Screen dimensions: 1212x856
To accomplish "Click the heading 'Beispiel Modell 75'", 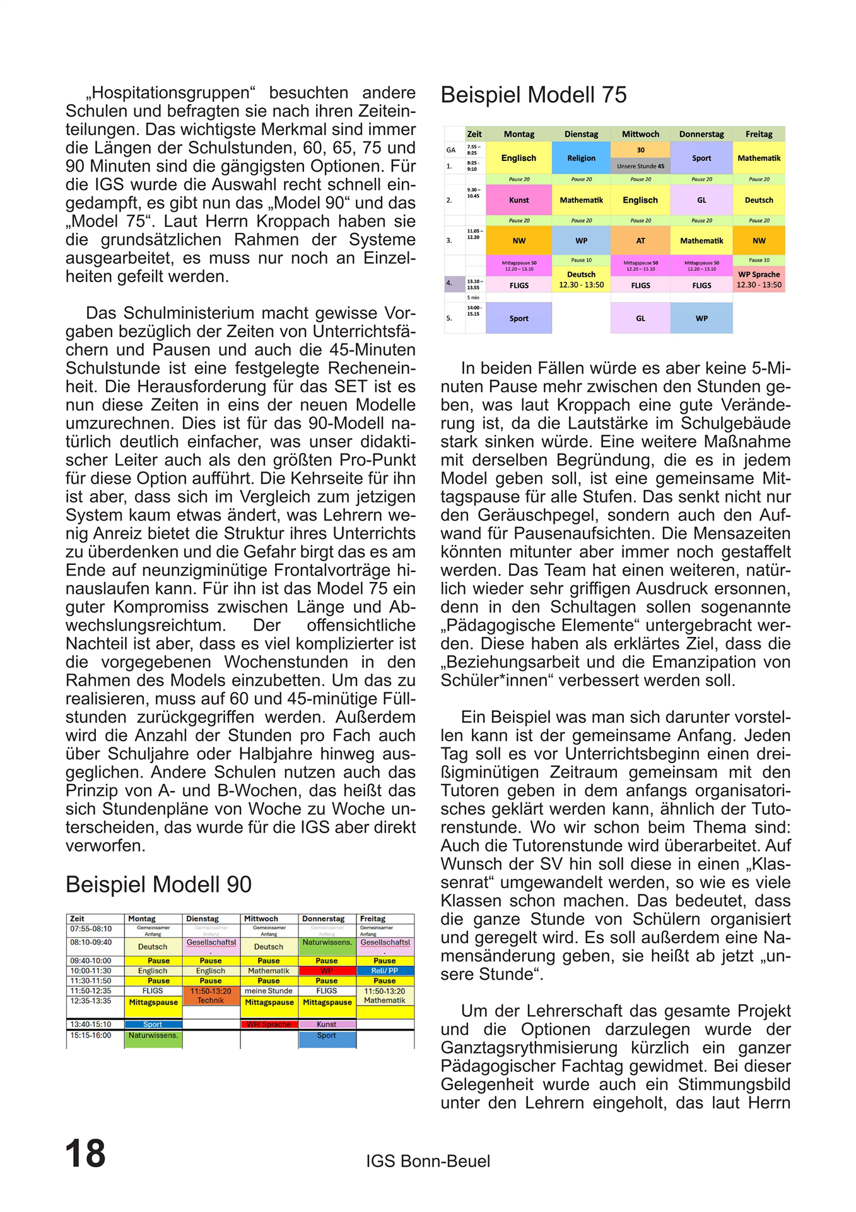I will pos(533,95).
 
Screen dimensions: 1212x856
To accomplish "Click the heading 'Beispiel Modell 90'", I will pos(158,884).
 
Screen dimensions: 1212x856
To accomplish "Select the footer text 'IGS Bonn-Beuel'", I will pos(428,1161).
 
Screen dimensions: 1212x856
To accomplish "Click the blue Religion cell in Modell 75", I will pos(581,158).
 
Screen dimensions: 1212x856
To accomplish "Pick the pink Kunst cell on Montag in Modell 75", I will pos(519,200).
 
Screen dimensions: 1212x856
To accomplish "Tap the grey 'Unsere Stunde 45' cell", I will pos(640,167).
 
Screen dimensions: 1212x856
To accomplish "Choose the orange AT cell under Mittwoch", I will pos(640,241).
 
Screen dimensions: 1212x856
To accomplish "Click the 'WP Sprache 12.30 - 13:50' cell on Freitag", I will pos(759,280).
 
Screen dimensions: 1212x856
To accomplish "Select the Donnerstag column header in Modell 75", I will pos(701,134).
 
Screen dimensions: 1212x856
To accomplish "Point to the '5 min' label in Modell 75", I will pos(473,297).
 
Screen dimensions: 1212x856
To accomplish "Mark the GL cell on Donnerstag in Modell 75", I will pos(701,200).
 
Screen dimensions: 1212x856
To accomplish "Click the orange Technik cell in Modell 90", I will pos(211,996).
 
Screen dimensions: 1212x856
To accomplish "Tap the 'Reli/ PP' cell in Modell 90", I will pos(385,971).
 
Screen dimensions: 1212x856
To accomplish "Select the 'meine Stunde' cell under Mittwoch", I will pos(269,991).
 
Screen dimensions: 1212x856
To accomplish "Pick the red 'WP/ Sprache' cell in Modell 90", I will pos(269,1025).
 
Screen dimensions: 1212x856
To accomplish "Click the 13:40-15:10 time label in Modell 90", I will pos(91,1025).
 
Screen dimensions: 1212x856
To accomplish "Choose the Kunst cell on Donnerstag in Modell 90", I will pos(327,1025).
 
